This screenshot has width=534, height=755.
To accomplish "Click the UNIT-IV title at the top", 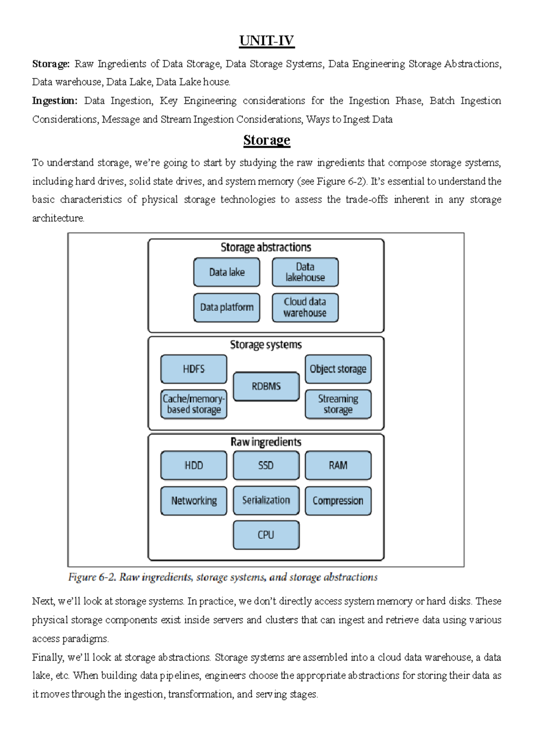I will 267,41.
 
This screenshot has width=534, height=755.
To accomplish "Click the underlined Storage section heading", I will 267,140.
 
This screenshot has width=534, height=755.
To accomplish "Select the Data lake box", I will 227,272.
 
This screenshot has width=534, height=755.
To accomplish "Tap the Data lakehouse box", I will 305,272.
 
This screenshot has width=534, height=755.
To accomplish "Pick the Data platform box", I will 227,307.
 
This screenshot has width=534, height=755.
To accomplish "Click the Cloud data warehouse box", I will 305,307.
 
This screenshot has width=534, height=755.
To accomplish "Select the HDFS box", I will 194,369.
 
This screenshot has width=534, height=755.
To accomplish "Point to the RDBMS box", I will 266,386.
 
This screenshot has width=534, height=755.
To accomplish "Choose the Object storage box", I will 338,369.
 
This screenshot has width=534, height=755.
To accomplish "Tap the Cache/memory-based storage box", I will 194,404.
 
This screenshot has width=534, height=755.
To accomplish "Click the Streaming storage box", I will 338,404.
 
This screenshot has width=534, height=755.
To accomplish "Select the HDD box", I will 194,465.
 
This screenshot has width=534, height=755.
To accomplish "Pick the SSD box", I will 266,465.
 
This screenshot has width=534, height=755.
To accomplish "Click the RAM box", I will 338,465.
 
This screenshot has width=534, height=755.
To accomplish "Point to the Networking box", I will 194,500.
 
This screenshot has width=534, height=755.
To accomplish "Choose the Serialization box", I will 266,500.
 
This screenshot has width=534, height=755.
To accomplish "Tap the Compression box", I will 338,500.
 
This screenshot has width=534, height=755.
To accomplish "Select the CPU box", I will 266,535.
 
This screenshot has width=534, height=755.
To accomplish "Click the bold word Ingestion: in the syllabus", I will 54,101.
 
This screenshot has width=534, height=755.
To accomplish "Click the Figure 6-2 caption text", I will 222,577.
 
